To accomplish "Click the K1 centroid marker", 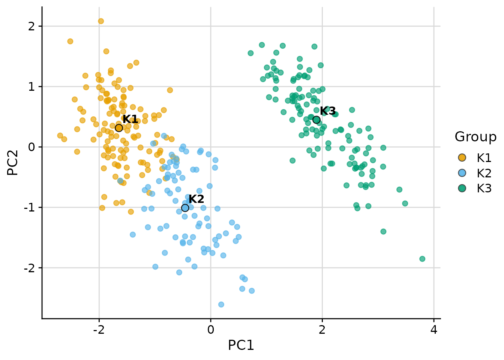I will pyautogui.click(x=119, y=128).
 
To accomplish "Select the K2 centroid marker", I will pyautogui.click(x=185, y=208).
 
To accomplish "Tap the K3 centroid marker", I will pyautogui.click(x=316, y=120).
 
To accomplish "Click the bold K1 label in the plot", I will pyautogui.click(x=130, y=119).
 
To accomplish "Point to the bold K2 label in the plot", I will pyautogui.click(x=196, y=199).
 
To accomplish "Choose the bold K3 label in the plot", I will pyautogui.click(x=328, y=111).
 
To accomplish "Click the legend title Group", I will pyautogui.click(x=475, y=137).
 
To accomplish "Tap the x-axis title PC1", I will pyautogui.click(x=241, y=345).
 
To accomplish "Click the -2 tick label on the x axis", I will pyautogui.click(x=99, y=330).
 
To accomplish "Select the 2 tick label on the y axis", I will pyautogui.click(x=31, y=26).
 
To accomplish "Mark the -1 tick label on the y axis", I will pyautogui.click(x=29, y=207).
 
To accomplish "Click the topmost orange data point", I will pyautogui.click(x=101, y=21).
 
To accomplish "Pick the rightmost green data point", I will pyautogui.click(x=422, y=259).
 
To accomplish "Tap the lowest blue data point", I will pyautogui.click(x=221, y=304).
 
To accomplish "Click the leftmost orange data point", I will pyautogui.click(x=60, y=135).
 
